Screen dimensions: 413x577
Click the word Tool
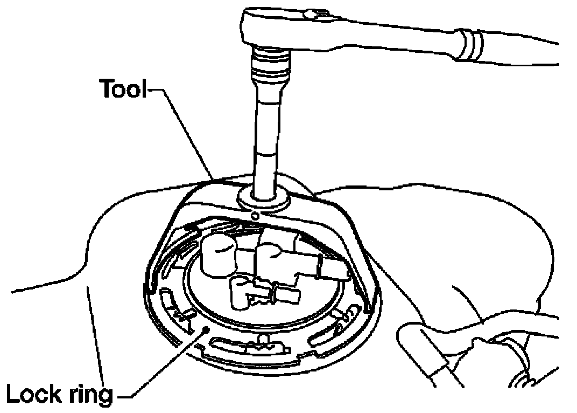coord(121,89)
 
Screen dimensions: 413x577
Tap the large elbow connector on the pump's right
coord(280,253)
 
